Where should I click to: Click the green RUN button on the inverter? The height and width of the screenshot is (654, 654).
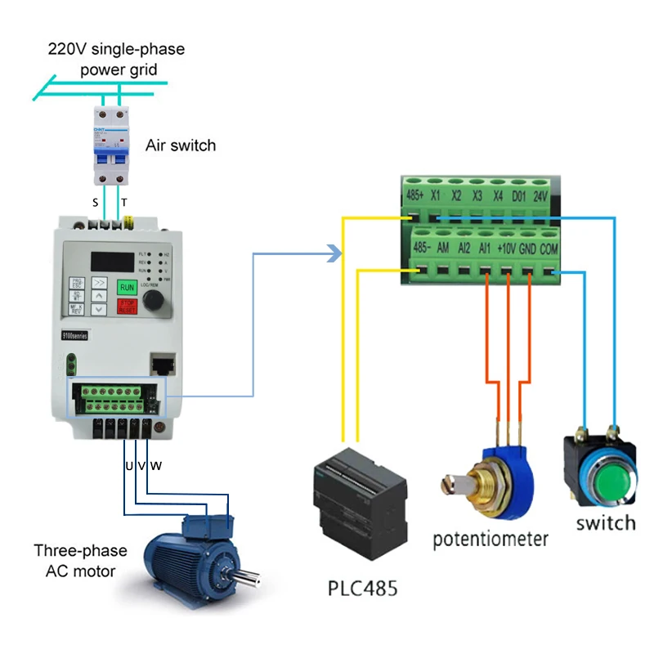(128, 286)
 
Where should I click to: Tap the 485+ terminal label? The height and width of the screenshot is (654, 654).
(415, 196)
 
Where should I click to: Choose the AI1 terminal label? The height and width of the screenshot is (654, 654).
(486, 246)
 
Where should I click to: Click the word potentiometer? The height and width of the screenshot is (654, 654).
(490, 539)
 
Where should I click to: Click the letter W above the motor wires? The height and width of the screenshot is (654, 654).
(156, 466)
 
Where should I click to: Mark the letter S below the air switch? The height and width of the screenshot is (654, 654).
(96, 203)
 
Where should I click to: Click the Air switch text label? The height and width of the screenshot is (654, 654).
(181, 146)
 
